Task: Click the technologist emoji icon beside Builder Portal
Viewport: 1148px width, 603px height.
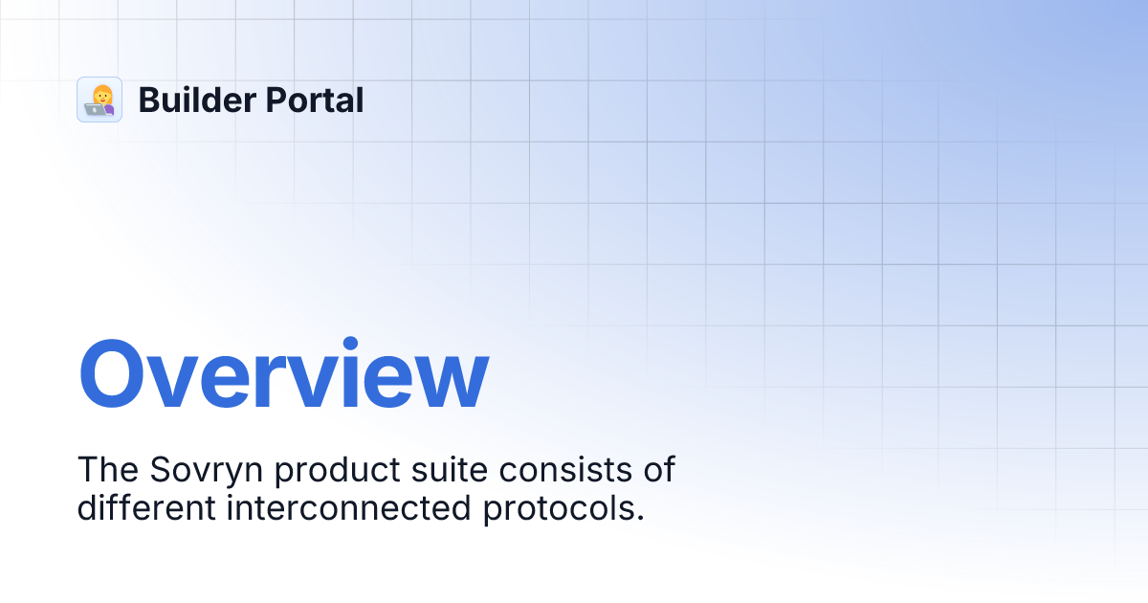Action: point(99,100)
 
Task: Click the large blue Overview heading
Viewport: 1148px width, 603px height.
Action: point(283,375)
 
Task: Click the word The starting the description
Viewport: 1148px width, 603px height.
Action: point(107,470)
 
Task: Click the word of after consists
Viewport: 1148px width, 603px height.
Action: point(659,470)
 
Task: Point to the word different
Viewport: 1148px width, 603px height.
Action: point(146,507)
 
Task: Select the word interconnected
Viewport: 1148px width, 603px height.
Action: point(348,507)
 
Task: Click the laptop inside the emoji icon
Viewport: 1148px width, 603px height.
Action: point(94,108)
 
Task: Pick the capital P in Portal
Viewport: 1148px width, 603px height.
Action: point(271,100)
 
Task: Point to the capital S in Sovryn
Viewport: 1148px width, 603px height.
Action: point(160,470)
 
